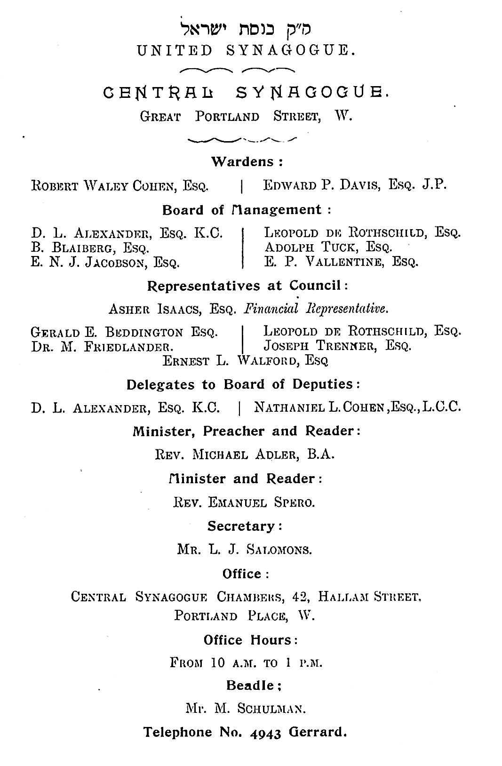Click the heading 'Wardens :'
[x=247, y=162]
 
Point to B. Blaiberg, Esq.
[x=90, y=247]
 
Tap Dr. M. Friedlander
[x=102, y=347]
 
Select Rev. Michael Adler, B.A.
[x=245, y=455]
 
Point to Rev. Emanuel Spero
[x=244, y=502]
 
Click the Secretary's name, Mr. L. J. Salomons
[x=245, y=549]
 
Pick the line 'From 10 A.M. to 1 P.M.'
[x=246, y=663]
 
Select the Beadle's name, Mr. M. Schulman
[x=246, y=708]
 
